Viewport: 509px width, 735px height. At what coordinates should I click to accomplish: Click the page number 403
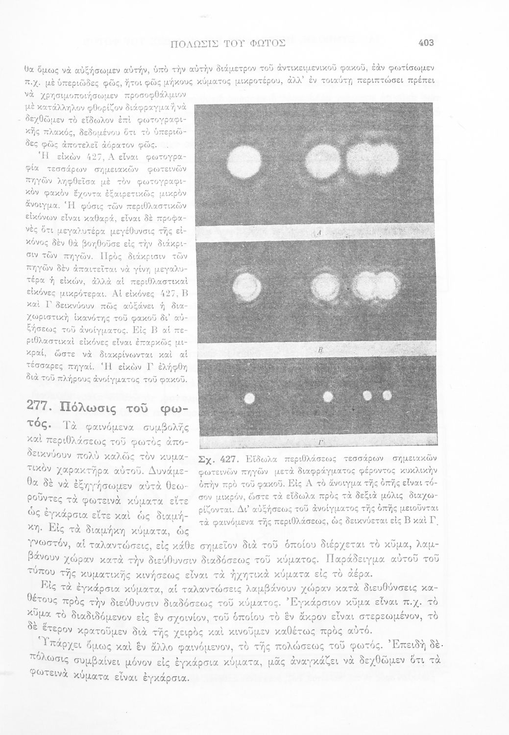(427, 43)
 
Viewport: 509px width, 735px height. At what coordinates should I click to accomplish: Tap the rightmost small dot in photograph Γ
(387, 395)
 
